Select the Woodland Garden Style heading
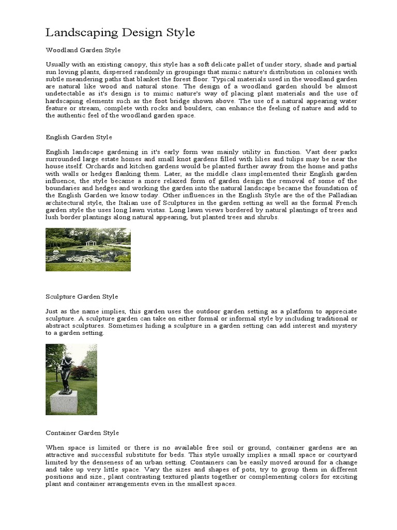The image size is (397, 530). click(83, 50)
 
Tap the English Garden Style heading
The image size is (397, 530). click(79, 137)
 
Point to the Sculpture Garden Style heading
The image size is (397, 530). click(82, 297)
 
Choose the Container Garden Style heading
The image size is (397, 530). click(82, 433)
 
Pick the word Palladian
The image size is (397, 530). click(341, 196)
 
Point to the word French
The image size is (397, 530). click(346, 203)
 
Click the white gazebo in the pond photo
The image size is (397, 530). click(91, 243)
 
